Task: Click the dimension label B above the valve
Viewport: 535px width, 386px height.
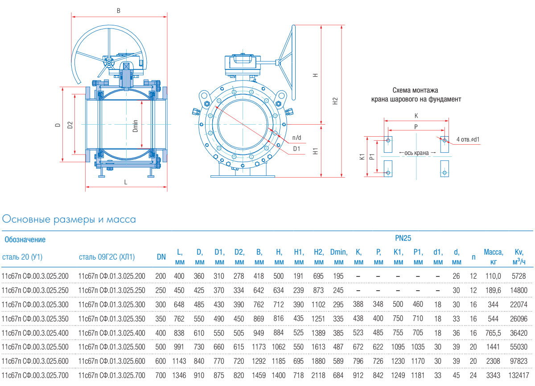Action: point(118,10)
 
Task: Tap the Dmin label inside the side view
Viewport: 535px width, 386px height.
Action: point(136,126)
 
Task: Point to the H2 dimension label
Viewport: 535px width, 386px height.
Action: point(336,101)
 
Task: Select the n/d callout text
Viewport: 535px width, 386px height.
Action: point(296,137)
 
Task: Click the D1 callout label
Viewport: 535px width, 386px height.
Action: point(296,148)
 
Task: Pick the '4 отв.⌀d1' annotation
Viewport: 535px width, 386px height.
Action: point(468,139)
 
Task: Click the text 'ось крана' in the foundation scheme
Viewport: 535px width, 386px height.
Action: point(417,153)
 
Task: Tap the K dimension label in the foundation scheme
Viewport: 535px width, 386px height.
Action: point(416,116)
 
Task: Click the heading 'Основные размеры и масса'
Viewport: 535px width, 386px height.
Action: point(69,219)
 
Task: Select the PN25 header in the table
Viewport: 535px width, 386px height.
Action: point(403,238)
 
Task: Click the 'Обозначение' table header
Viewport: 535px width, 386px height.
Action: point(25,240)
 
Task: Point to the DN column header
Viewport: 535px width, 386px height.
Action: point(161,257)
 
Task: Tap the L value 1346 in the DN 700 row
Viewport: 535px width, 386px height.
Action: point(179,376)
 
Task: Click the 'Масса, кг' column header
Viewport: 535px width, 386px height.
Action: point(493,257)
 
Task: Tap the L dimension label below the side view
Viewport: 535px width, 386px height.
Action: point(126,182)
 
